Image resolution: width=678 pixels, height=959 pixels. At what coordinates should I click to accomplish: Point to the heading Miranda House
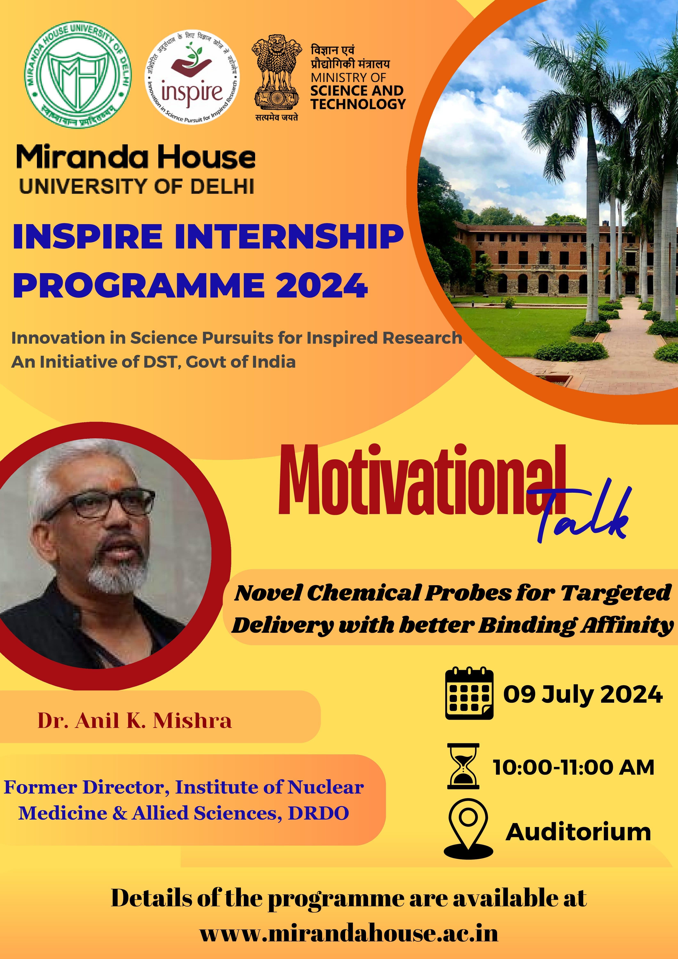coord(136,157)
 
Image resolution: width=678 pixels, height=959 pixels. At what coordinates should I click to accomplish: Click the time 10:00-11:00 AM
coord(574,767)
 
